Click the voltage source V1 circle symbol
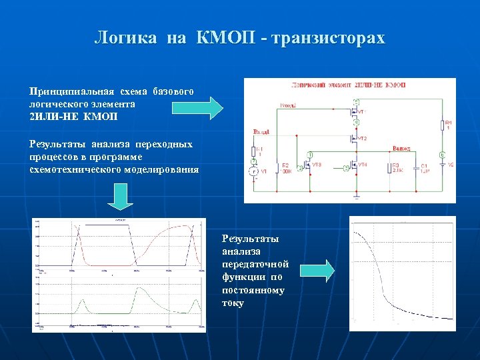coord(253,171)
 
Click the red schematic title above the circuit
coord(349,85)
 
